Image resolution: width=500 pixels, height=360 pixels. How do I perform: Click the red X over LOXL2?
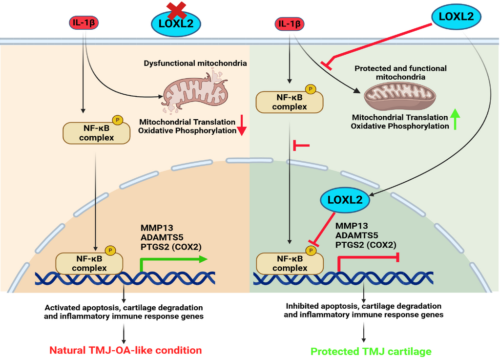click(x=176, y=10)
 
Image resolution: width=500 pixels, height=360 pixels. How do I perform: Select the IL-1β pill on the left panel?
click(x=83, y=22)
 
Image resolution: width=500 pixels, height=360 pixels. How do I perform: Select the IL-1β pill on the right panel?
click(x=289, y=24)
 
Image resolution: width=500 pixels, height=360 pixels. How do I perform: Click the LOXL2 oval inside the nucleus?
click(x=345, y=200)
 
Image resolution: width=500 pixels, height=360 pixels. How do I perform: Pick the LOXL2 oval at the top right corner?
click(x=457, y=17)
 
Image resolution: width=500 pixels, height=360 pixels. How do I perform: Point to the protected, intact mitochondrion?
click(x=400, y=96)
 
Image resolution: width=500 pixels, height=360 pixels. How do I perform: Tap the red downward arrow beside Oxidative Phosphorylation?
click(x=242, y=126)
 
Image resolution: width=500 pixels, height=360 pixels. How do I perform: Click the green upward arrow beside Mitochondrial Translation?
click(x=456, y=119)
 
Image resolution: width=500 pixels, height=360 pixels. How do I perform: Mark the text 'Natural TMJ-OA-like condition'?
click(x=125, y=350)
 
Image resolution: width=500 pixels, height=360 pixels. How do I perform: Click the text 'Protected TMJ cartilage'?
click(x=371, y=351)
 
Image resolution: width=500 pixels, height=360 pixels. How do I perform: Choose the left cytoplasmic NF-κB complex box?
click(x=96, y=133)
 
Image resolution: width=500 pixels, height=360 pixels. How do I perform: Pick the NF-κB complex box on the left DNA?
click(x=89, y=263)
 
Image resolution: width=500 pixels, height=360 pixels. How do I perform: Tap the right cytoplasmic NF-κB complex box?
click(x=290, y=102)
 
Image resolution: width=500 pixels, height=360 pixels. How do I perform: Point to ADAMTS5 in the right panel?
click(x=356, y=235)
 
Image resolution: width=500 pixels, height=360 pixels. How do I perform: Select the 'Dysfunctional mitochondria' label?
click(x=195, y=63)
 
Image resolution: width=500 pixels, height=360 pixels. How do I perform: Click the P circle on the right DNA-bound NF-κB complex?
click(x=311, y=251)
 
